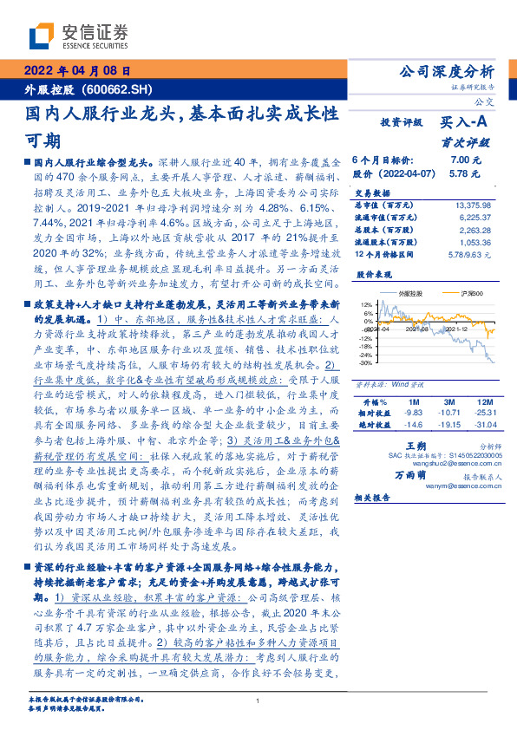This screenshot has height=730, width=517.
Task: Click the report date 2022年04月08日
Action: [x=76, y=70]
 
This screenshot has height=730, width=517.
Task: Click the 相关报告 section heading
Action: [x=375, y=498]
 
